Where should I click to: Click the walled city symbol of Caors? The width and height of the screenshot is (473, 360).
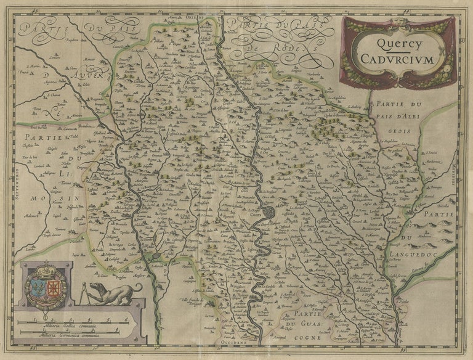click(x=270, y=214)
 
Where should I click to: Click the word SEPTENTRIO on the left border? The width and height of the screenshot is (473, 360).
click(x=19, y=184)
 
